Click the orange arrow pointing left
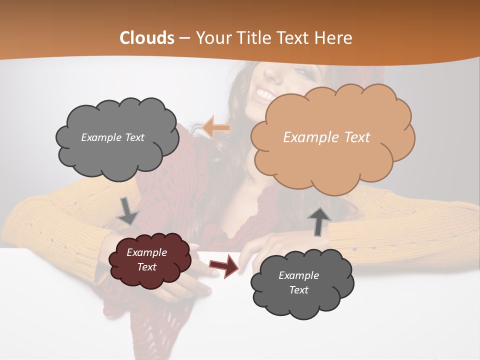216,127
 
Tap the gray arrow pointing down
128,210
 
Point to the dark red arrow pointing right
224,265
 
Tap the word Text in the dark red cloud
147,267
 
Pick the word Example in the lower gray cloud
298,275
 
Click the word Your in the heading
212,38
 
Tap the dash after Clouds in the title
184,38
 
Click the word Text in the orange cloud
355,137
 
